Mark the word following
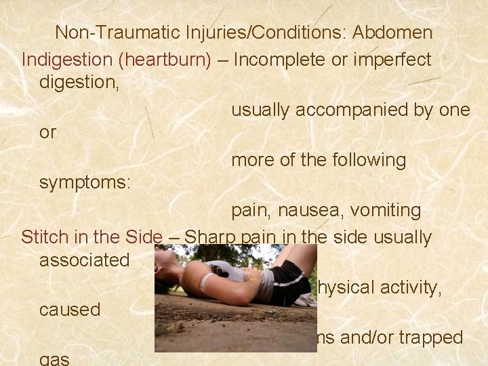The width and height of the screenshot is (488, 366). (x=369, y=160)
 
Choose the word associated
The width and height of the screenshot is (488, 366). (x=85, y=260)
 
